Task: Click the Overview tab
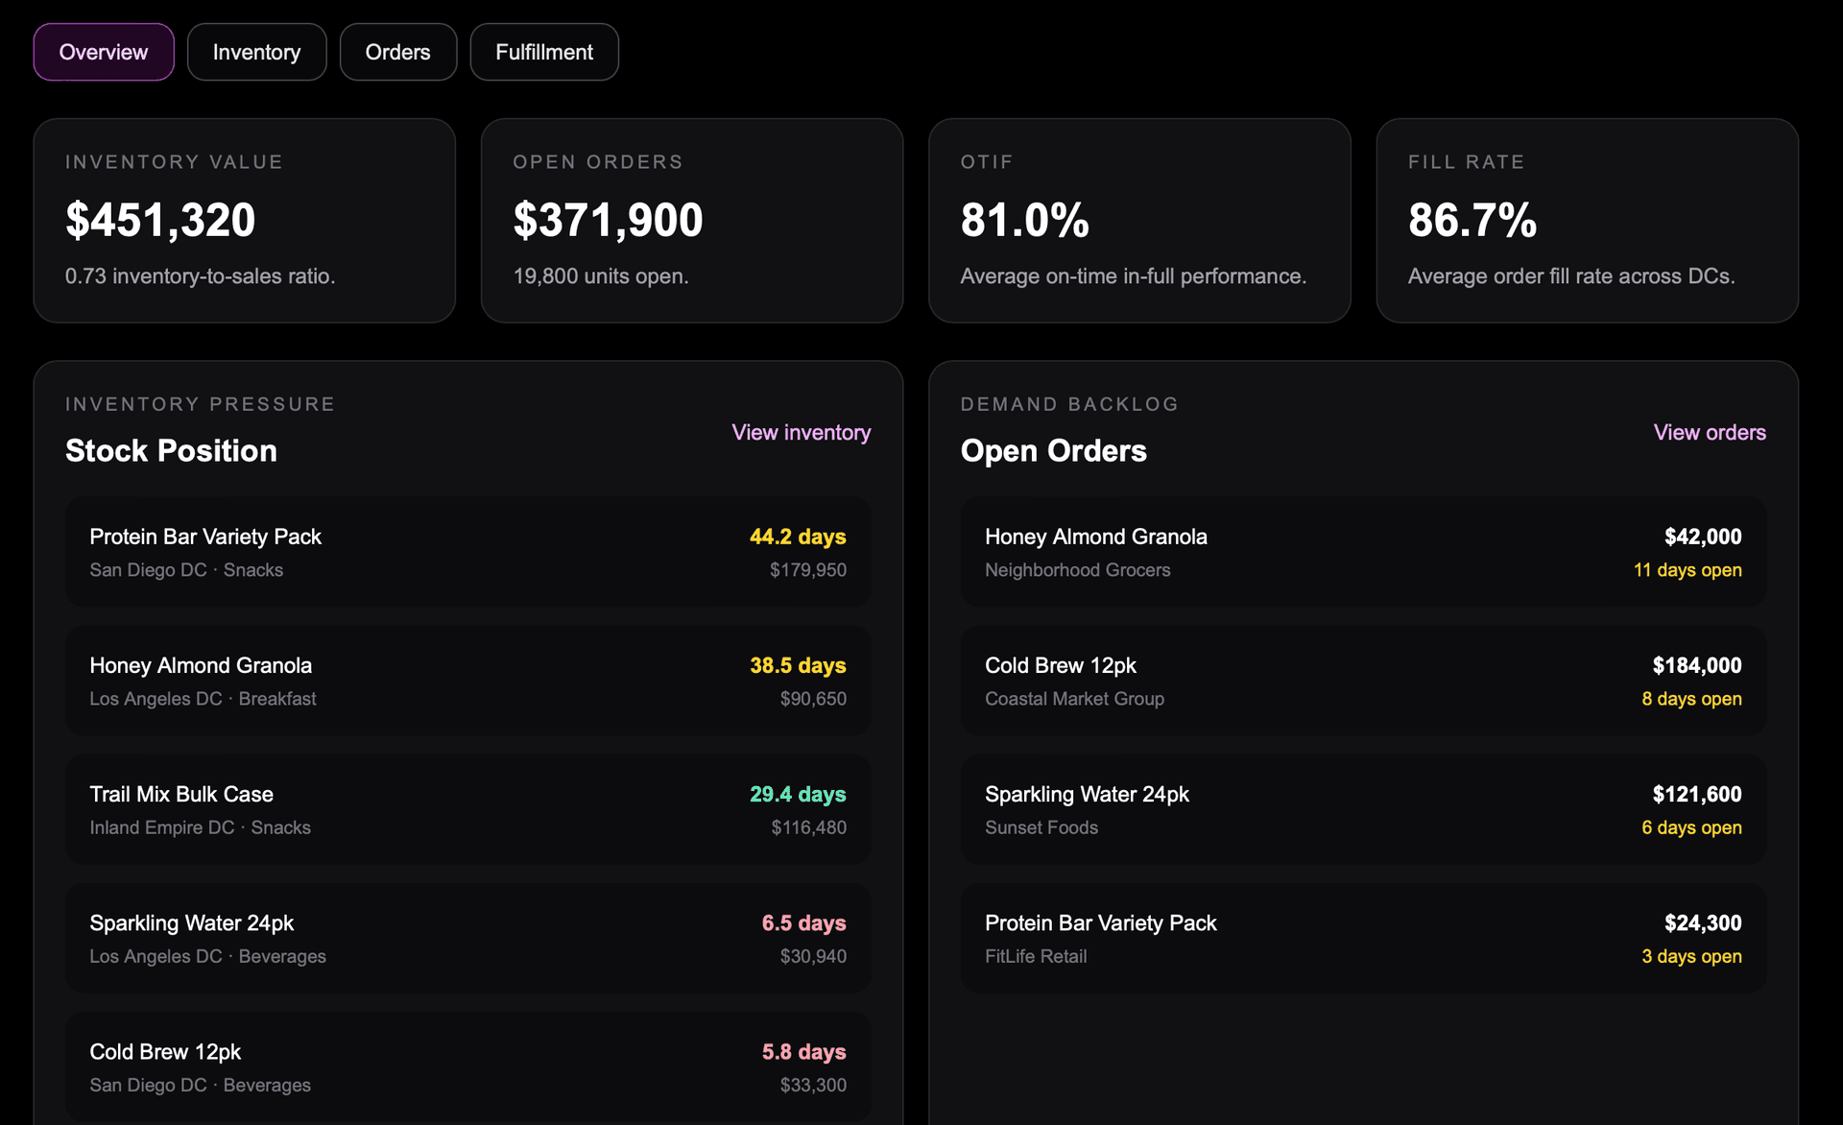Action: pos(104,52)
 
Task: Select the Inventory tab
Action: pos(256,52)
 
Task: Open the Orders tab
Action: pos(397,52)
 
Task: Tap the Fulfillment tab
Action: pos(544,52)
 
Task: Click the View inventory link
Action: pos(802,433)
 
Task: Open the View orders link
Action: pos(1710,433)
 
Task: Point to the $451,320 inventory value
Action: pos(160,220)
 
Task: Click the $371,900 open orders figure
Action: pos(608,220)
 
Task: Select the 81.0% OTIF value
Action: pos(1024,220)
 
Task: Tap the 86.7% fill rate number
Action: pos(1472,220)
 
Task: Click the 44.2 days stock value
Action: pos(798,537)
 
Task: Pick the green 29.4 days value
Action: pos(798,794)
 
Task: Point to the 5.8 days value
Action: pos(804,1052)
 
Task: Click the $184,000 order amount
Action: pos(1697,665)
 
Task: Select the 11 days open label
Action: pos(1687,570)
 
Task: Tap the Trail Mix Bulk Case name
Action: pos(181,794)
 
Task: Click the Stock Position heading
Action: pos(171,451)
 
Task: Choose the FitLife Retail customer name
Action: pos(1036,956)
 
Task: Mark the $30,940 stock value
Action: pos(813,956)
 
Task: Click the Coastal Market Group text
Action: pos(1074,699)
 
